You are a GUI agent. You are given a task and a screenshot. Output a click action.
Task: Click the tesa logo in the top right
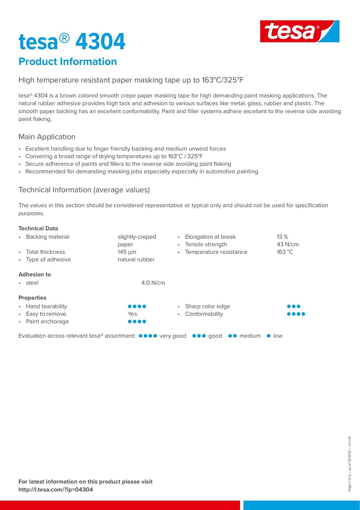tap(299, 31)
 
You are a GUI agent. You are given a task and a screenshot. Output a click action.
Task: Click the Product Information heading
tap(68, 61)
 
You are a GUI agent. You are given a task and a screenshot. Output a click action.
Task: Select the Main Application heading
tap(47, 137)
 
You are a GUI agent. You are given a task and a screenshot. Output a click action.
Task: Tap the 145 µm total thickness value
tap(127, 252)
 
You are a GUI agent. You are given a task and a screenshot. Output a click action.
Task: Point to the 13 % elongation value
tap(282, 237)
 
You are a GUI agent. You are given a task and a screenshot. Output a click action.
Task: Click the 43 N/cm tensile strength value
tap(288, 245)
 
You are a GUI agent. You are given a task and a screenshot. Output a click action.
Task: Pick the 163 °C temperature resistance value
tap(285, 252)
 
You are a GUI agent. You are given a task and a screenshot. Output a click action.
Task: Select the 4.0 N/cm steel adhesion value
tap(153, 283)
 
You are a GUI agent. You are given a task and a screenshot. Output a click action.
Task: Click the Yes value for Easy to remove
tap(132, 314)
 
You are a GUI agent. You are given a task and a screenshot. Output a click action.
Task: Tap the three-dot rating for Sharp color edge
tap(294, 306)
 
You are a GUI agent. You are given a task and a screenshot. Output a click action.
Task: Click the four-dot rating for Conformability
tap(296, 314)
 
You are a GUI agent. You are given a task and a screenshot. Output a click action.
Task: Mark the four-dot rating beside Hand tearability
tap(137, 306)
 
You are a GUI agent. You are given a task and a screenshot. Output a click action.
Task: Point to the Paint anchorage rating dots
tap(137, 321)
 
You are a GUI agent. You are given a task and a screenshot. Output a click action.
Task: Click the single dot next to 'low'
tap(268, 336)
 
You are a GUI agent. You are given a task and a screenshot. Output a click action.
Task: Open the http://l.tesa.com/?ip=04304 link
tap(56, 490)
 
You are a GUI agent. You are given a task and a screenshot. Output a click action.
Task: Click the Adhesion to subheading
tap(35, 274)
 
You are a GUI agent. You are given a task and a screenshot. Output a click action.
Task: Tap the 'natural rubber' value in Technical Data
tap(136, 260)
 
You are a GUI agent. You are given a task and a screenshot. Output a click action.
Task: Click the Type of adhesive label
tap(48, 260)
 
